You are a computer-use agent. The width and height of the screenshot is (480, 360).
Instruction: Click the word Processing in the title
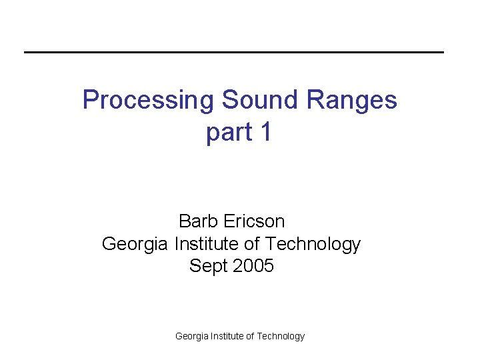(x=149, y=101)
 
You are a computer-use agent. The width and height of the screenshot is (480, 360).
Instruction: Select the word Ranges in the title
(x=353, y=101)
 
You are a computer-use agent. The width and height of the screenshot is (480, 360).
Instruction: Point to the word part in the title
(x=229, y=133)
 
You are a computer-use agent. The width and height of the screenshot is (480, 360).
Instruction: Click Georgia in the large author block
(x=135, y=245)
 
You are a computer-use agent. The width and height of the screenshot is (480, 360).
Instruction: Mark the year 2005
(x=252, y=266)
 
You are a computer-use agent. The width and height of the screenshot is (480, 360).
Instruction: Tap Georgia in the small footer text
(x=191, y=337)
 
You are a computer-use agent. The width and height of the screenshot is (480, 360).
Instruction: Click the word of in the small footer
(x=251, y=336)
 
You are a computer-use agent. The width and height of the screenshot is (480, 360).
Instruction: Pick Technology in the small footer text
(x=281, y=337)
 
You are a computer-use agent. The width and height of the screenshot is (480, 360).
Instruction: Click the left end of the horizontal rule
(x=26, y=52)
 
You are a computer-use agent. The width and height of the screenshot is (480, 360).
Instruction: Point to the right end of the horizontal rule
(x=442, y=52)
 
